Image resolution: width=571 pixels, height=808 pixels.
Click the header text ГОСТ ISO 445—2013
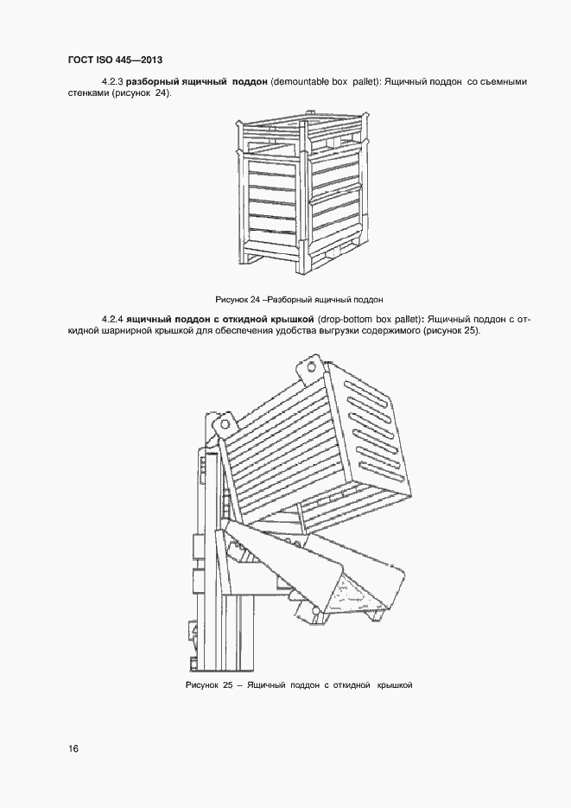(x=115, y=60)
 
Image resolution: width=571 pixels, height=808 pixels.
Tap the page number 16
(x=73, y=748)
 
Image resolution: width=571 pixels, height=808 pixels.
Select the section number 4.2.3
(x=112, y=81)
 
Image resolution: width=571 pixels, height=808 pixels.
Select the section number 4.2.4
(x=112, y=319)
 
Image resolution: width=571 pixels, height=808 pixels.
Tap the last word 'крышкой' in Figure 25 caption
(x=394, y=685)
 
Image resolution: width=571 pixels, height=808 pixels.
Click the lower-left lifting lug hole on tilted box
(x=226, y=425)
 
